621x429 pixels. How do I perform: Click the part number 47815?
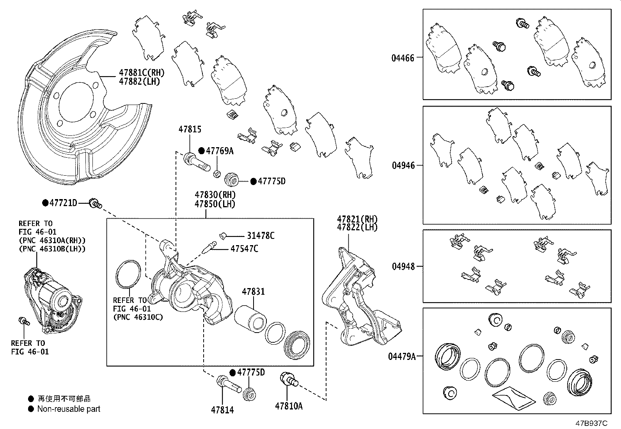(190, 129)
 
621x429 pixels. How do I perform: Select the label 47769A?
(219, 151)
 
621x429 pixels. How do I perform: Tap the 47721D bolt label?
(63, 203)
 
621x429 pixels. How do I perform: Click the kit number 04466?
(403, 58)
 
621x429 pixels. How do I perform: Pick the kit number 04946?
(403, 166)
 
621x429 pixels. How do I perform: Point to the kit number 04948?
(403, 267)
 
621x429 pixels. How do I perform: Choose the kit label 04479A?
(402, 356)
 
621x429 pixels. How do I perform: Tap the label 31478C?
(261, 236)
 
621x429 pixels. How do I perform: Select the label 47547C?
(244, 249)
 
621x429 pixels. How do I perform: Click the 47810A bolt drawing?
(289, 379)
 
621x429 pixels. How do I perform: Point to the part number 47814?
(222, 410)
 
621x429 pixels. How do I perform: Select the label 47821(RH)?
(357, 219)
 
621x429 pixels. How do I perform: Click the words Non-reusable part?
(69, 409)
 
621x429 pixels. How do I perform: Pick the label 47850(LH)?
(215, 204)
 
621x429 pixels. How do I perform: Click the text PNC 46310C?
(138, 317)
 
